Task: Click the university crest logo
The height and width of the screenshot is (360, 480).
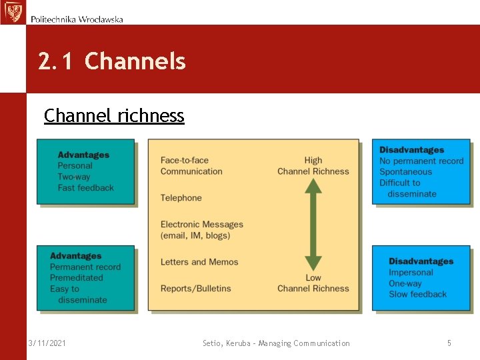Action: click(x=12, y=12)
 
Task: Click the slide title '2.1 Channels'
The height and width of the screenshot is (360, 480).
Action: click(x=112, y=61)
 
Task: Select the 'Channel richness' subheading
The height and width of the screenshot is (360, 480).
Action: click(x=114, y=115)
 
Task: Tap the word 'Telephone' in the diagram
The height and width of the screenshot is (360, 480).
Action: click(x=181, y=198)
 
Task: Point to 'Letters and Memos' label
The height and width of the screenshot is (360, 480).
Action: click(x=199, y=262)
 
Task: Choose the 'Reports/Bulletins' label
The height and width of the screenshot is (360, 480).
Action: click(x=195, y=289)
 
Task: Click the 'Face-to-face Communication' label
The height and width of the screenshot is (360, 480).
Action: click(x=191, y=165)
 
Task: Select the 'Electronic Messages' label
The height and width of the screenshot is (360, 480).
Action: click(x=201, y=225)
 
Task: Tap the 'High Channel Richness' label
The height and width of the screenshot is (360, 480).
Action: click(x=313, y=165)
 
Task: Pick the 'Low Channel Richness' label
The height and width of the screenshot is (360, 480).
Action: click(x=313, y=283)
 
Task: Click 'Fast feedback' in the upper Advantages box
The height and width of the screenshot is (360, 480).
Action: click(x=85, y=188)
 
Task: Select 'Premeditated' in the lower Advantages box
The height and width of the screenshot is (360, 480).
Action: click(x=76, y=278)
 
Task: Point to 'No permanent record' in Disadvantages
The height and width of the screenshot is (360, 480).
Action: click(x=421, y=161)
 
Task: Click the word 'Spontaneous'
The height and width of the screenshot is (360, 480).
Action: click(x=405, y=172)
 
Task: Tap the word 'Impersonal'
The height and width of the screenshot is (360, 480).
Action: click(x=411, y=273)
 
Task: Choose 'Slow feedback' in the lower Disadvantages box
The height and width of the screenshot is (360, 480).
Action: click(x=417, y=295)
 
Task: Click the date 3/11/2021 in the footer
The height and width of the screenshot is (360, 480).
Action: click(x=47, y=343)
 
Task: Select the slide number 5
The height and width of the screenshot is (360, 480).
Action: click(x=449, y=343)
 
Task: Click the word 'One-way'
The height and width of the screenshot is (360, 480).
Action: click(x=405, y=283)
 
